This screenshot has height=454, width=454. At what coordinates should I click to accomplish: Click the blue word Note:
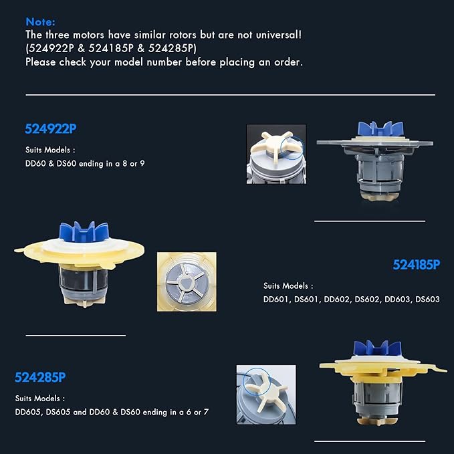(x=40, y=22)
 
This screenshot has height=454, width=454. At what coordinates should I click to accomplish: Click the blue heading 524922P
(x=51, y=129)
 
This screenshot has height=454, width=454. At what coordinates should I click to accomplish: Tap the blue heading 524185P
(x=417, y=265)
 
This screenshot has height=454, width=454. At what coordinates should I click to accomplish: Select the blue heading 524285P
(x=40, y=377)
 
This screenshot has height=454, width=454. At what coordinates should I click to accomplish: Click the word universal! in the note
(x=279, y=35)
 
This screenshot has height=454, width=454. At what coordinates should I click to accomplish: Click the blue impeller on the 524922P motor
(x=84, y=231)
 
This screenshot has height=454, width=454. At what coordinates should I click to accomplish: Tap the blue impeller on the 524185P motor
(x=380, y=129)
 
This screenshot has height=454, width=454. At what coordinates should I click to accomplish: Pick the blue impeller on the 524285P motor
(x=378, y=348)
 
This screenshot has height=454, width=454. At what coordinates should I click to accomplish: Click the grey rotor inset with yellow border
(x=187, y=281)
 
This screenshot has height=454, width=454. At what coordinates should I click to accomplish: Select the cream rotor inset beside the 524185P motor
(x=276, y=154)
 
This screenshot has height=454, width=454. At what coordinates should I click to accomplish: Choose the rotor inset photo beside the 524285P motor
(x=266, y=394)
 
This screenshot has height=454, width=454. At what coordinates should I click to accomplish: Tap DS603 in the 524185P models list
(x=427, y=300)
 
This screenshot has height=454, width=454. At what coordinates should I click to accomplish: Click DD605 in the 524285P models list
(x=28, y=412)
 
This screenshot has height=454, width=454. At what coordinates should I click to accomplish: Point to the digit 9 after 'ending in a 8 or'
(x=142, y=164)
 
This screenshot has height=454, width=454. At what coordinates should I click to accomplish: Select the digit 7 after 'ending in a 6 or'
(x=206, y=412)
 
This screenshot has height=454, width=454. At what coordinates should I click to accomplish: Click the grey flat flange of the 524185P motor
(x=375, y=142)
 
